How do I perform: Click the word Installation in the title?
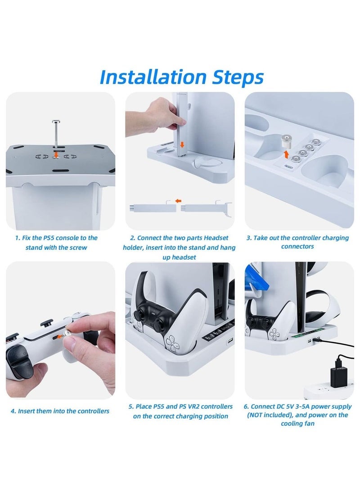coord(153,77)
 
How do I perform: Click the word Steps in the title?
coord(238,77)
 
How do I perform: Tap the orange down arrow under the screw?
coord(56,154)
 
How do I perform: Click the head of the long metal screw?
coord(56,122)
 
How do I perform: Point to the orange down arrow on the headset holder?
coord(182,144)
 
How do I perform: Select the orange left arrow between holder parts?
coord(178,201)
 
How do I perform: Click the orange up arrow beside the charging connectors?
coord(286,154)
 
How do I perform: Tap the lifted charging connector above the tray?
coord(287,141)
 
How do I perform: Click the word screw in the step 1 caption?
coord(78,248)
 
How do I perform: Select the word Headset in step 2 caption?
coord(216,238)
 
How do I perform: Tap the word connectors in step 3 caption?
coord(297,247)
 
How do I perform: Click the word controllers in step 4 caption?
coord(93,411)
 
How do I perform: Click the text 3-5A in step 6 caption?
coord(301,406)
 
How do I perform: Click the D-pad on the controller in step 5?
coord(172,342)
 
